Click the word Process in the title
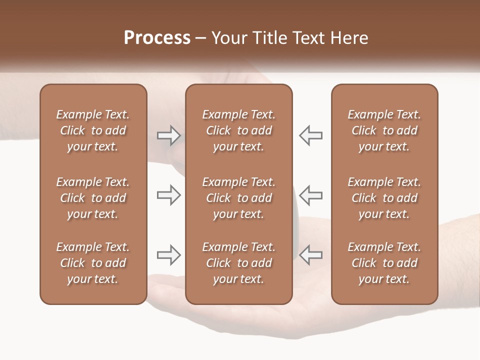click(x=157, y=38)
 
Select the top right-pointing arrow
click(x=168, y=135)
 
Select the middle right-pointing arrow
click(x=168, y=195)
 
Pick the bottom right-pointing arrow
click(x=168, y=255)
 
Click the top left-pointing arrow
click(x=310, y=135)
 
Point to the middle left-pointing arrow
click(x=310, y=195)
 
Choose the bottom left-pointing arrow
click(x=310, y=255)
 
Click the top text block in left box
click(x=93, y=130)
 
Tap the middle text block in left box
click(x=93, y=198)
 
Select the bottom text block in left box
click(x=93, y=263)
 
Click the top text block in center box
click(x=239, y=130)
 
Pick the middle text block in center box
click(x=239, y=198)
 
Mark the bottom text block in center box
click(x=239, y=263)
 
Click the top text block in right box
click(x=384, y=130)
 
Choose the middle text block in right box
click(x=384, y=198)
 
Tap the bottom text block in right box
click(x=384, y=263)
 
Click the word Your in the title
click(x=227, y=38)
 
